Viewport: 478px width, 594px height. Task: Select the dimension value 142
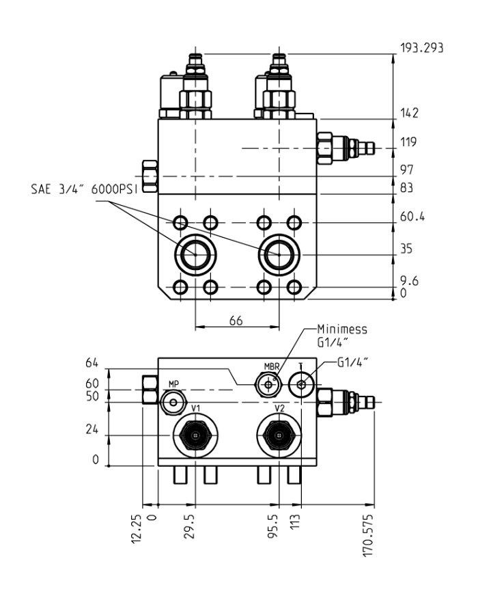pos(409,112)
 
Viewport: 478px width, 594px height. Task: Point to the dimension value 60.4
pos(412,217)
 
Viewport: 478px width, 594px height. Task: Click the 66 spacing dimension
pos(236,321)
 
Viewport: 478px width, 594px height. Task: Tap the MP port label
pos(173,385)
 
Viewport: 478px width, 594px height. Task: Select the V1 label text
pos(195,408)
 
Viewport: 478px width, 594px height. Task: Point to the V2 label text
pos(279,408)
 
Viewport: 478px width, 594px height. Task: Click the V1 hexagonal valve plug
pos(196,435)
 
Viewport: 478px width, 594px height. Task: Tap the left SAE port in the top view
pos(196,254)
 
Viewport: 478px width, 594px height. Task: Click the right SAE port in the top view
pos(279,254)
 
